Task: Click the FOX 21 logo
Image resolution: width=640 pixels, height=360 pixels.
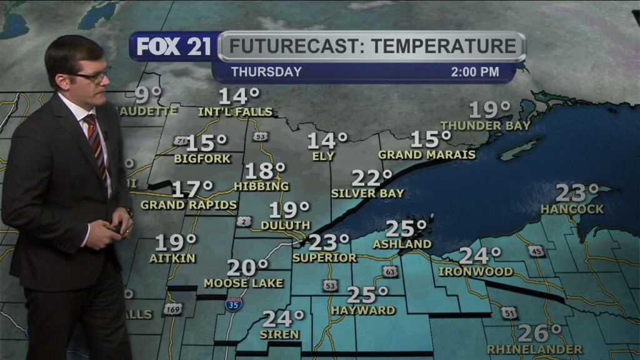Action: click(174, 47)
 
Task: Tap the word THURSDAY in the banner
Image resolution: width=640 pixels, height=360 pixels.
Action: click(266, 72)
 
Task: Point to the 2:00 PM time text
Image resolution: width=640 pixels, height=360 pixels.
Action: click(475, 72)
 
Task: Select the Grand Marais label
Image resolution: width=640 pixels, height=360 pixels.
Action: click(427, 154)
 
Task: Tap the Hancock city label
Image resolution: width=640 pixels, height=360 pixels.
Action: click(572, 209)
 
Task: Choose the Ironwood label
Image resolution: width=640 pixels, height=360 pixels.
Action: click(476, 272)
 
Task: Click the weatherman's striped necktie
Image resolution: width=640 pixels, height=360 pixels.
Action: click(97, 144)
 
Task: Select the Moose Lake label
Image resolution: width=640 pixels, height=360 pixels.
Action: click(244, 283)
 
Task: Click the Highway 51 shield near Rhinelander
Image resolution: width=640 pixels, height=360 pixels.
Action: click(511, 313)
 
